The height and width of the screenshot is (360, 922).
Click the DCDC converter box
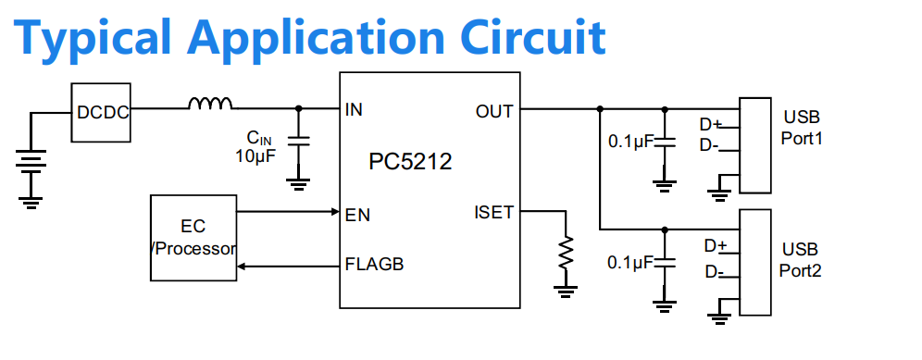pyautogui.click(x=101, y=112)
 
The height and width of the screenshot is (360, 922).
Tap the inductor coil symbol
pyautogui.click(x=210, y=104)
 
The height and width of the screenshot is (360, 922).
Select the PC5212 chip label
pyautogui.click(x=410, y=161)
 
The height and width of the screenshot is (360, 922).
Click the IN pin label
pyautogui.click(x=354, y=109)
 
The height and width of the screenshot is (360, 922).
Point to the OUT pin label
pyautogui.click(x=494, y=111)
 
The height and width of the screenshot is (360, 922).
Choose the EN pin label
pyautogui.click(x=358, y=216)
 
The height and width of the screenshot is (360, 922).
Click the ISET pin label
pyautogui.click(x=494, y=212)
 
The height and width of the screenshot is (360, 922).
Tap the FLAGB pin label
pyautogui.click(x=375, y=264)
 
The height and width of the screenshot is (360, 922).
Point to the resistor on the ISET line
pyautogui.click(x=566, y=252)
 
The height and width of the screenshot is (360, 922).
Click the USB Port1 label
pyautogui.click(x=801, y=128)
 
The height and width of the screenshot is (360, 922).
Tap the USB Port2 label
pyautogui.click(x=801, y=259)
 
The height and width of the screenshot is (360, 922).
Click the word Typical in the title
pyautogui.click(x=92, y=38)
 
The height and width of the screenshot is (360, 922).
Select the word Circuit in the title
pyautogui.click(x=539, y=36)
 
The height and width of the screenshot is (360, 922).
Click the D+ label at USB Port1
pyautogui.click(x=710, y=125)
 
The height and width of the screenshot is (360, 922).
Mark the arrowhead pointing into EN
pyautogui.click(x=334, y=211)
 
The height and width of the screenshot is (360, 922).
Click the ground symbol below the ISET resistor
pyautogui.click(x=566, y=292)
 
